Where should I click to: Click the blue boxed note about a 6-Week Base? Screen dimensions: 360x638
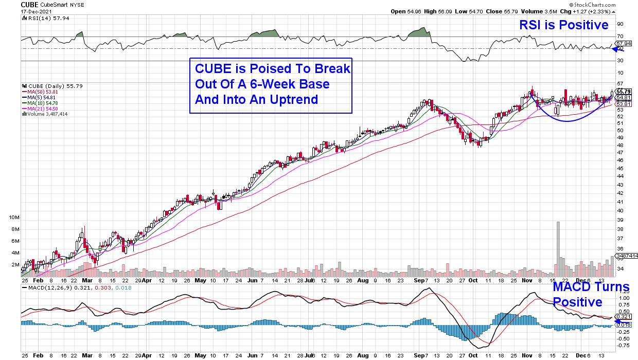(271, 84)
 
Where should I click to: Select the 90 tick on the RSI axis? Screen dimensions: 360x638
(620, 24)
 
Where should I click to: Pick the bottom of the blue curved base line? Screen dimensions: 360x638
(565, 121)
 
